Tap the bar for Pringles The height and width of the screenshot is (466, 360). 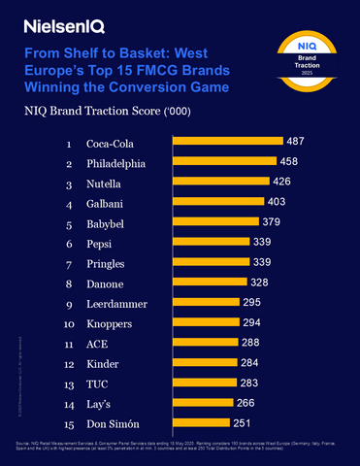(x=210, y=263)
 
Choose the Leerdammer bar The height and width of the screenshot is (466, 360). (x=205, y=303)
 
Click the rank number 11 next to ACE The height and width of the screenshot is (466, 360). (x=69, y=343)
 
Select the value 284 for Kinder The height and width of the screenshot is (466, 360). (x=250, y=362)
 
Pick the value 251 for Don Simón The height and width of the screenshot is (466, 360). (x=244, y=422)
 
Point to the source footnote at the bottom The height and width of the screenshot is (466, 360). (x=180, y=449)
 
